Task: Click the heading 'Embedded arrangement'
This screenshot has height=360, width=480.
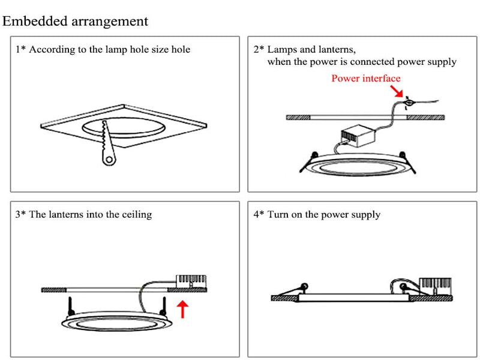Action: coord(76,22)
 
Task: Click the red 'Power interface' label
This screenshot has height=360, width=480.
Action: coord(365,79)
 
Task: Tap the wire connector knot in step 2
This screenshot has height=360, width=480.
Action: coord(408,103)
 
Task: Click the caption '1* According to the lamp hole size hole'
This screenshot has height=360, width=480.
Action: coord(103,50)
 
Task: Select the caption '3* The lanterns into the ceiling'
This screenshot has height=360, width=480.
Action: coord(83,214)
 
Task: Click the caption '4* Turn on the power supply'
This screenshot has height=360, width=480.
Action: coord(317,214)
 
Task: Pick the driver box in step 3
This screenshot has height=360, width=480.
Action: coord(190,281)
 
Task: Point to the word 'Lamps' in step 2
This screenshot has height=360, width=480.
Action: coord(281,50)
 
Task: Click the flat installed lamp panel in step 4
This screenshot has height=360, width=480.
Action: coord(354,298)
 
